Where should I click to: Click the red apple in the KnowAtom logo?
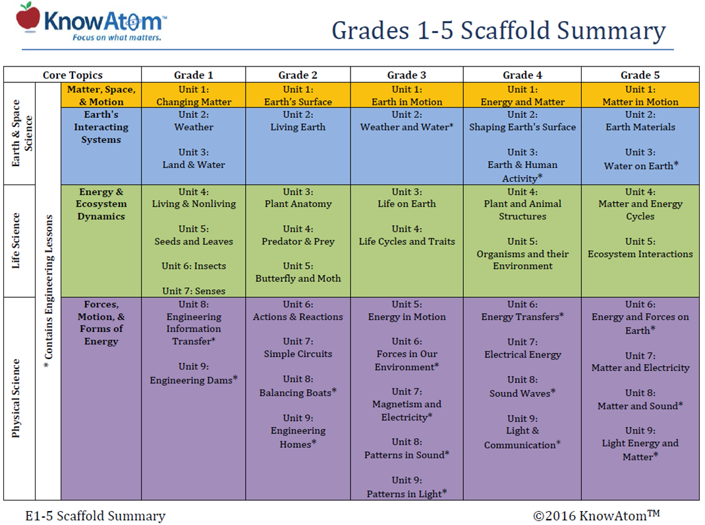pyautogui.click(x=28, y=17)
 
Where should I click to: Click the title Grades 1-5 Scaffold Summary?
pyautogui.click(x=498, y=30)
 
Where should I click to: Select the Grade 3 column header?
pyautogui.click(x=407, y=75)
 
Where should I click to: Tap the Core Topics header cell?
pyautogui.click(x=72, y=75)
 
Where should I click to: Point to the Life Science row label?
pyautogui.click(x=17, y=240)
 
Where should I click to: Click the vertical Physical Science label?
pyautogui.click(x=17, y=398)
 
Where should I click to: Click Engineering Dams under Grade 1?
pyautogui.click(x=193, y=380)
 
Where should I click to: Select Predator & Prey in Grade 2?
pyautogui.click(x=298, y=242)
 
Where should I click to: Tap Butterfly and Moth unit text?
pyautogui.click(x=298, y=279)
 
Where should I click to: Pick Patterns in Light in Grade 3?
pyautogui.click(x=407, y=493)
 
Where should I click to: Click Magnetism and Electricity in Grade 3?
pyautogui.click(x=407, y=410)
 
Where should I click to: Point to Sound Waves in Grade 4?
pyautogui.click(x=522, y=393)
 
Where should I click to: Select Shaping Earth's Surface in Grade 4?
pyautogui.click(x=522, y=127)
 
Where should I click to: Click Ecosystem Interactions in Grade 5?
pyautogui.click(x=640, y=254)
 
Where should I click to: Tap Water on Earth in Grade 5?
pyautogui.click(x=640, y=166)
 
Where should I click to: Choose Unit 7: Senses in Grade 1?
pyautogui.click(x=193, y=291)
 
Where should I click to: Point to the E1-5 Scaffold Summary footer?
pyautogui.click(x=96, y=516)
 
